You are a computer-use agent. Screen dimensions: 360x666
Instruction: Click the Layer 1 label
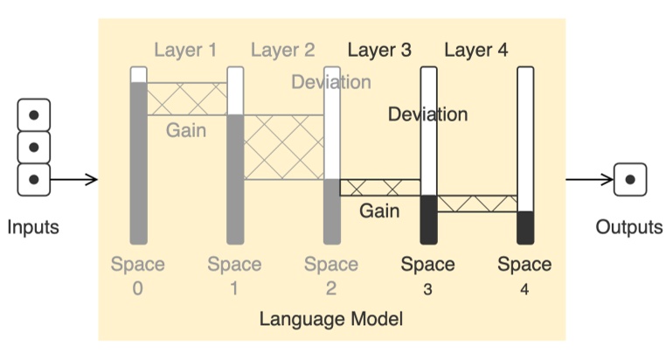click(185, 50)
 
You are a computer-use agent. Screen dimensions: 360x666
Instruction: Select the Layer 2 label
click(282, 50)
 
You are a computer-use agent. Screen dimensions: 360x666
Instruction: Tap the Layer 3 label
click(379, 50)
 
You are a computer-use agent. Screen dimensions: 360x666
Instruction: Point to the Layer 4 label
click(475, 50)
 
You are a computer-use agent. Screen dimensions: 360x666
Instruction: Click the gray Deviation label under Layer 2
click(331, 82)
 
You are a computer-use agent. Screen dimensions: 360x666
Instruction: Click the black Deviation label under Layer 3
click(427, 114)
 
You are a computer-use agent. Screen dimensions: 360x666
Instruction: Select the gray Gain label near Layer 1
click(186, 131)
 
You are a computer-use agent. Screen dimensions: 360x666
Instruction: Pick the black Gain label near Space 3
click(379, 211)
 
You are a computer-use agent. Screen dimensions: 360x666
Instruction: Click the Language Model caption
click(331, 318)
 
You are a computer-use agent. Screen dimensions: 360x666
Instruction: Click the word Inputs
click(33, 228)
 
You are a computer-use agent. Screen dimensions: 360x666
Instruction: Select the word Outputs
click(629, 228)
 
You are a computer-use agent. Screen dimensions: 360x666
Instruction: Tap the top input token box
click(34, 114)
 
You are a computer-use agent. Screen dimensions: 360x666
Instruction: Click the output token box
click(629, 180)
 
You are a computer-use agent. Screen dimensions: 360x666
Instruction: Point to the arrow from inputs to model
click(74, 181)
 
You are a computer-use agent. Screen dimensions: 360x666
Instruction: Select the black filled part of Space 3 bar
click(428, 219)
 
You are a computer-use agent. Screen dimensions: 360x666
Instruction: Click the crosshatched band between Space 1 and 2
click(283, 147)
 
